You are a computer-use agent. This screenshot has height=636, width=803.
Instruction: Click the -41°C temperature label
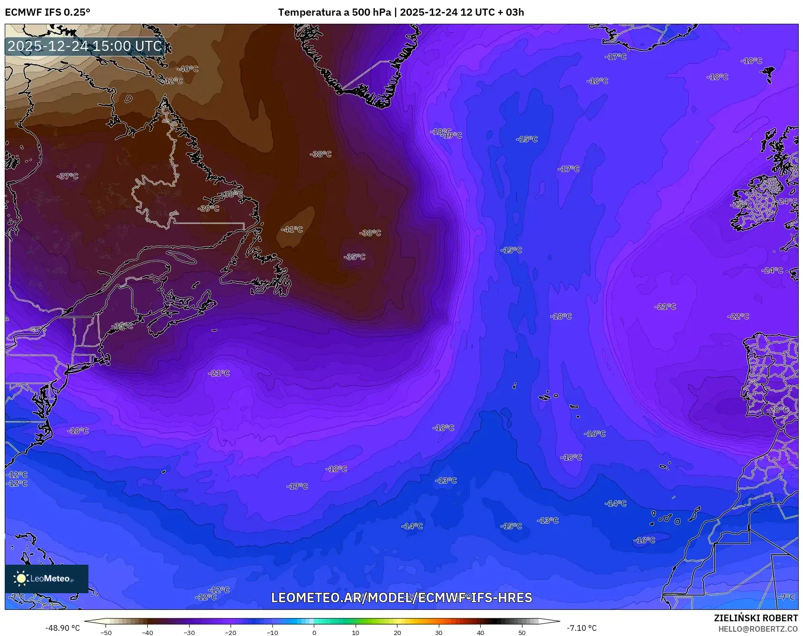point(292,230)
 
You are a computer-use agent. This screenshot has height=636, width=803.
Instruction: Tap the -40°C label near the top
point(188,69)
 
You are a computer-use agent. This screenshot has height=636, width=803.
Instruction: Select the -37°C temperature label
point(68,176)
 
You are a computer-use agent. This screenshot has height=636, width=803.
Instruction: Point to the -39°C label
point(209,209)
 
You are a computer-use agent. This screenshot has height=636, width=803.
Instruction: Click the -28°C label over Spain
point(777,410)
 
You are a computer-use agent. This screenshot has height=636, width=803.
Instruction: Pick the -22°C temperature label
point(738,317)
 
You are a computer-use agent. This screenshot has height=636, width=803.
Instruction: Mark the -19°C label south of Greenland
point(452,135)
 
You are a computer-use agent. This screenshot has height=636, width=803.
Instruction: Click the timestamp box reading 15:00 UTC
point(85,46)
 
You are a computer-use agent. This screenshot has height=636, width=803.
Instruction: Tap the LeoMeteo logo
point(47,578)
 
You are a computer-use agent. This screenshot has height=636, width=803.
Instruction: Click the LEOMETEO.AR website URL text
point(401,597)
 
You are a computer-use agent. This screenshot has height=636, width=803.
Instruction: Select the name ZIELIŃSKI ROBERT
point(755,618)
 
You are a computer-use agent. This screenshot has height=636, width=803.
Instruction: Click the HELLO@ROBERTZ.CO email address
point(758,629)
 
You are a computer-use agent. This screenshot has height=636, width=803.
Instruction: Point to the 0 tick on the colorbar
point(314,633)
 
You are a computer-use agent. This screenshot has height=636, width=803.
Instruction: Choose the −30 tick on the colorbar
point(189,633)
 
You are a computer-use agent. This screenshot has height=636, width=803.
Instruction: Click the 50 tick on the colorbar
point(522,633)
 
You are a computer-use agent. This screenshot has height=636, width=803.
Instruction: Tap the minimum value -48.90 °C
point(62,628)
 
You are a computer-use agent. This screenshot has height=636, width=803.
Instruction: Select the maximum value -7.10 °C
point(581,628)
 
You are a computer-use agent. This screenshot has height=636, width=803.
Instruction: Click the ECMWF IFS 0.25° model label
point(48,12)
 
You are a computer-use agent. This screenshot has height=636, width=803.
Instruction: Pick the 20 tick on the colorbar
point(397,633)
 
